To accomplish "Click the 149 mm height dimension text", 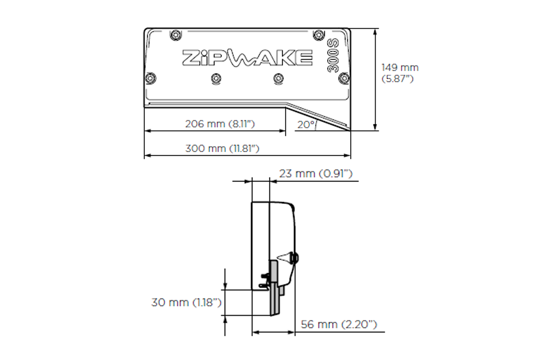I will coord(400,68).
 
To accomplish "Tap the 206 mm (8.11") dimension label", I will coord(220,124).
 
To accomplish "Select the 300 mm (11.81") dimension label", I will coord(222,148).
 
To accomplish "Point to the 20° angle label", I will coord(306,125).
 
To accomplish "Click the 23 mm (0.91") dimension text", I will coord(315,174).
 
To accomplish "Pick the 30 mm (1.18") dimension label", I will coord(186,302).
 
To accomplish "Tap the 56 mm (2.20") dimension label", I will coord(339,324).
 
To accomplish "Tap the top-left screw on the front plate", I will coord(175,35).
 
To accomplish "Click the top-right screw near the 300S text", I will coord(319,35).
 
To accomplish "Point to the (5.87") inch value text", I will coord(397,79).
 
